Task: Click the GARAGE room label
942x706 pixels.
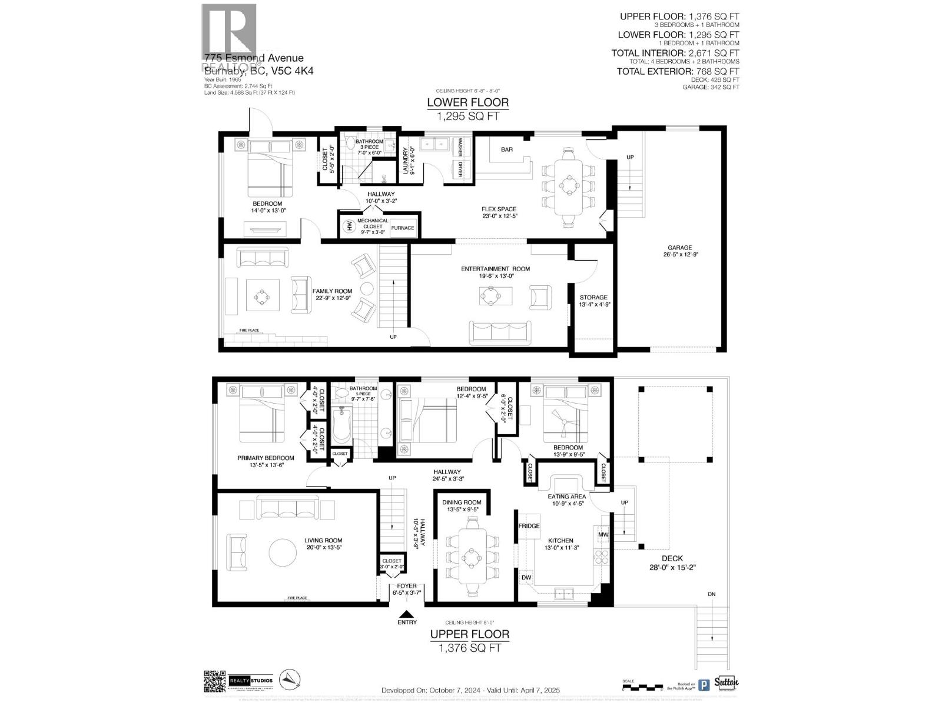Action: (x=679, y=248)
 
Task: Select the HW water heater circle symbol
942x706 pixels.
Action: (x=349, y=225)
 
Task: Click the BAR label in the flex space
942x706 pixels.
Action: (x=507, y=149)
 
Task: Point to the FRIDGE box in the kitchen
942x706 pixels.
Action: (x=528, y=525)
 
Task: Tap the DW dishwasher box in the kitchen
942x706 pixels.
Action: (x=526, y=578)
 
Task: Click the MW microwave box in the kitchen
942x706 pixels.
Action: (x=603, y=535)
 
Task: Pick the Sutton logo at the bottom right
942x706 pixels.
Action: (x=726, y=682)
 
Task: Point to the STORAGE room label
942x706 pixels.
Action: (x=593, y=298)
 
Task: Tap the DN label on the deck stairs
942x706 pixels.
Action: (x=711, y=594)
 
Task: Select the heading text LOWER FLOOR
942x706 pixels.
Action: (x=467, y=102)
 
